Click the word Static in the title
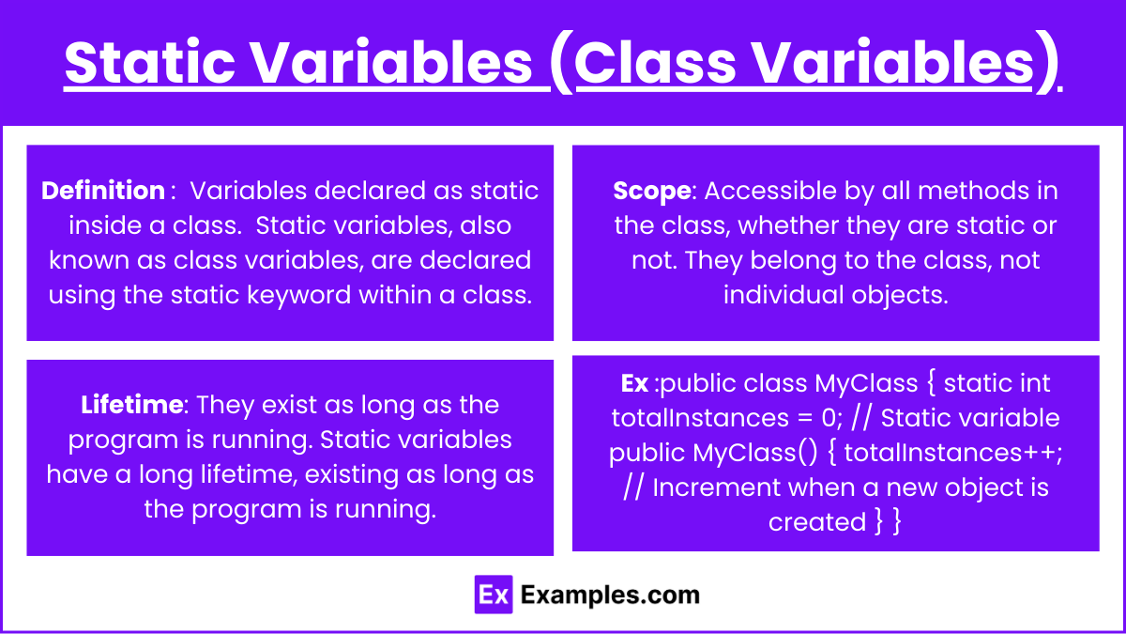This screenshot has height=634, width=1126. click(x=150, y=62)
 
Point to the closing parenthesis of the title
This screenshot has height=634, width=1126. click(x=1047, y=62)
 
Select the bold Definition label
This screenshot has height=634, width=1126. click(x=103, y=191)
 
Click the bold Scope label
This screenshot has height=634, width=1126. click(x=652, y=192)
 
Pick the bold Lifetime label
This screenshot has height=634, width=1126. click(x=131, y=405)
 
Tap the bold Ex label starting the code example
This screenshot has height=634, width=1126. click(x=634, y=383)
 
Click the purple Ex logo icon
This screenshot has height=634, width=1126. click(x=494, y=595)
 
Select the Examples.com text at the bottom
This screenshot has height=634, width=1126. click(x=610, y=595)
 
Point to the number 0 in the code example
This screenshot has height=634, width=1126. click(x=829, y=418)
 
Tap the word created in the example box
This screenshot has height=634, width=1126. click(x=817, y=522)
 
